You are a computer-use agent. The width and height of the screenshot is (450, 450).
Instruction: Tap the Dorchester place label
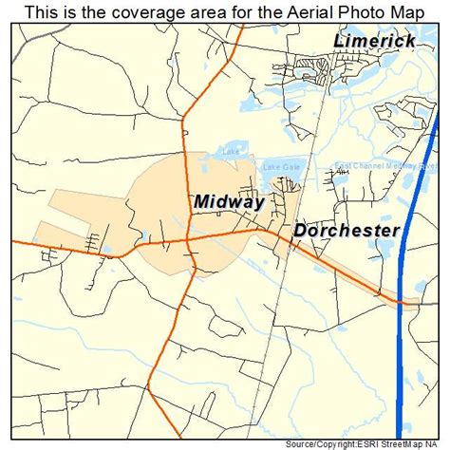pos(346,230)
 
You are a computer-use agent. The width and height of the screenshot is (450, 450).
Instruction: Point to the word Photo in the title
pos(357,10)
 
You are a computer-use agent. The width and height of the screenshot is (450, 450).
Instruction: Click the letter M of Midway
pos(202,201)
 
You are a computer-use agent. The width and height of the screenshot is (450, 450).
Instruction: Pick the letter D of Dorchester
pos(301,230)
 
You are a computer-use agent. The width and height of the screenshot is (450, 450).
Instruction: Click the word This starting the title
pos(41,10)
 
